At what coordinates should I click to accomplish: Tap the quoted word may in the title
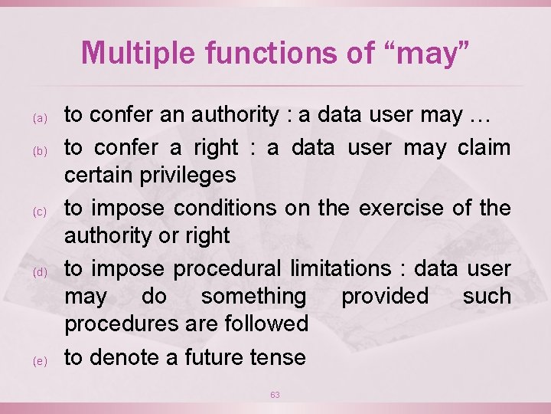click(x=427, y=53)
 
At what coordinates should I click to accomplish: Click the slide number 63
click(x=275, y=395)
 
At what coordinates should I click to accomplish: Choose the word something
click(x=253, y=296)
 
